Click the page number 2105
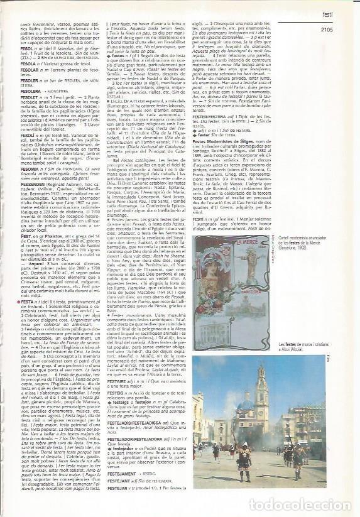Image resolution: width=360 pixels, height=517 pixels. (x=330, y=28)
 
